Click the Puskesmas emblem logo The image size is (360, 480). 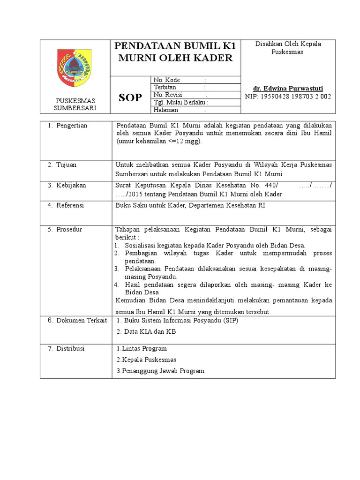(74, 67)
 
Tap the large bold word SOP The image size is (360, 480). (129, 97)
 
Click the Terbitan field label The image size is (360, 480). (165, 87)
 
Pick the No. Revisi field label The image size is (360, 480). (168, 95)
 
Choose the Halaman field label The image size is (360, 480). (165, 110)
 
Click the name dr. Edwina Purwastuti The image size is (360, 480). (288, 88)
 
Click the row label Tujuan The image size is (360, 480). (67, 165)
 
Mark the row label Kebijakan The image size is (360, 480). (71, 185)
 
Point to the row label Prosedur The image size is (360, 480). (69, 229)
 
